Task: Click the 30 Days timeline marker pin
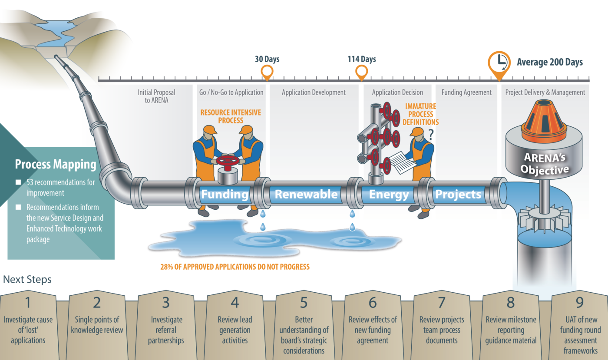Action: coord(267,72)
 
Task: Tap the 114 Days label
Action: coord(361,59)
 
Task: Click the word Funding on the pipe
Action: coord(225,194)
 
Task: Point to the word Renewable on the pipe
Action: coord(306,194)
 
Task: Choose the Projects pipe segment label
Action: coord(458,194)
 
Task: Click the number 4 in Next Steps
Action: coord(235,302)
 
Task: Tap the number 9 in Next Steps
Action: coord(580,302)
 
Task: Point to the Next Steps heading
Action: coord(27,279)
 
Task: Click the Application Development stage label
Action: coord(314,92)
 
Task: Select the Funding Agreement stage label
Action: coord(466,92)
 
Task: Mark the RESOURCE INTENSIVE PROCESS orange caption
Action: coord(231,116)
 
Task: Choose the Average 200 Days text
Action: coord(549,62)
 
